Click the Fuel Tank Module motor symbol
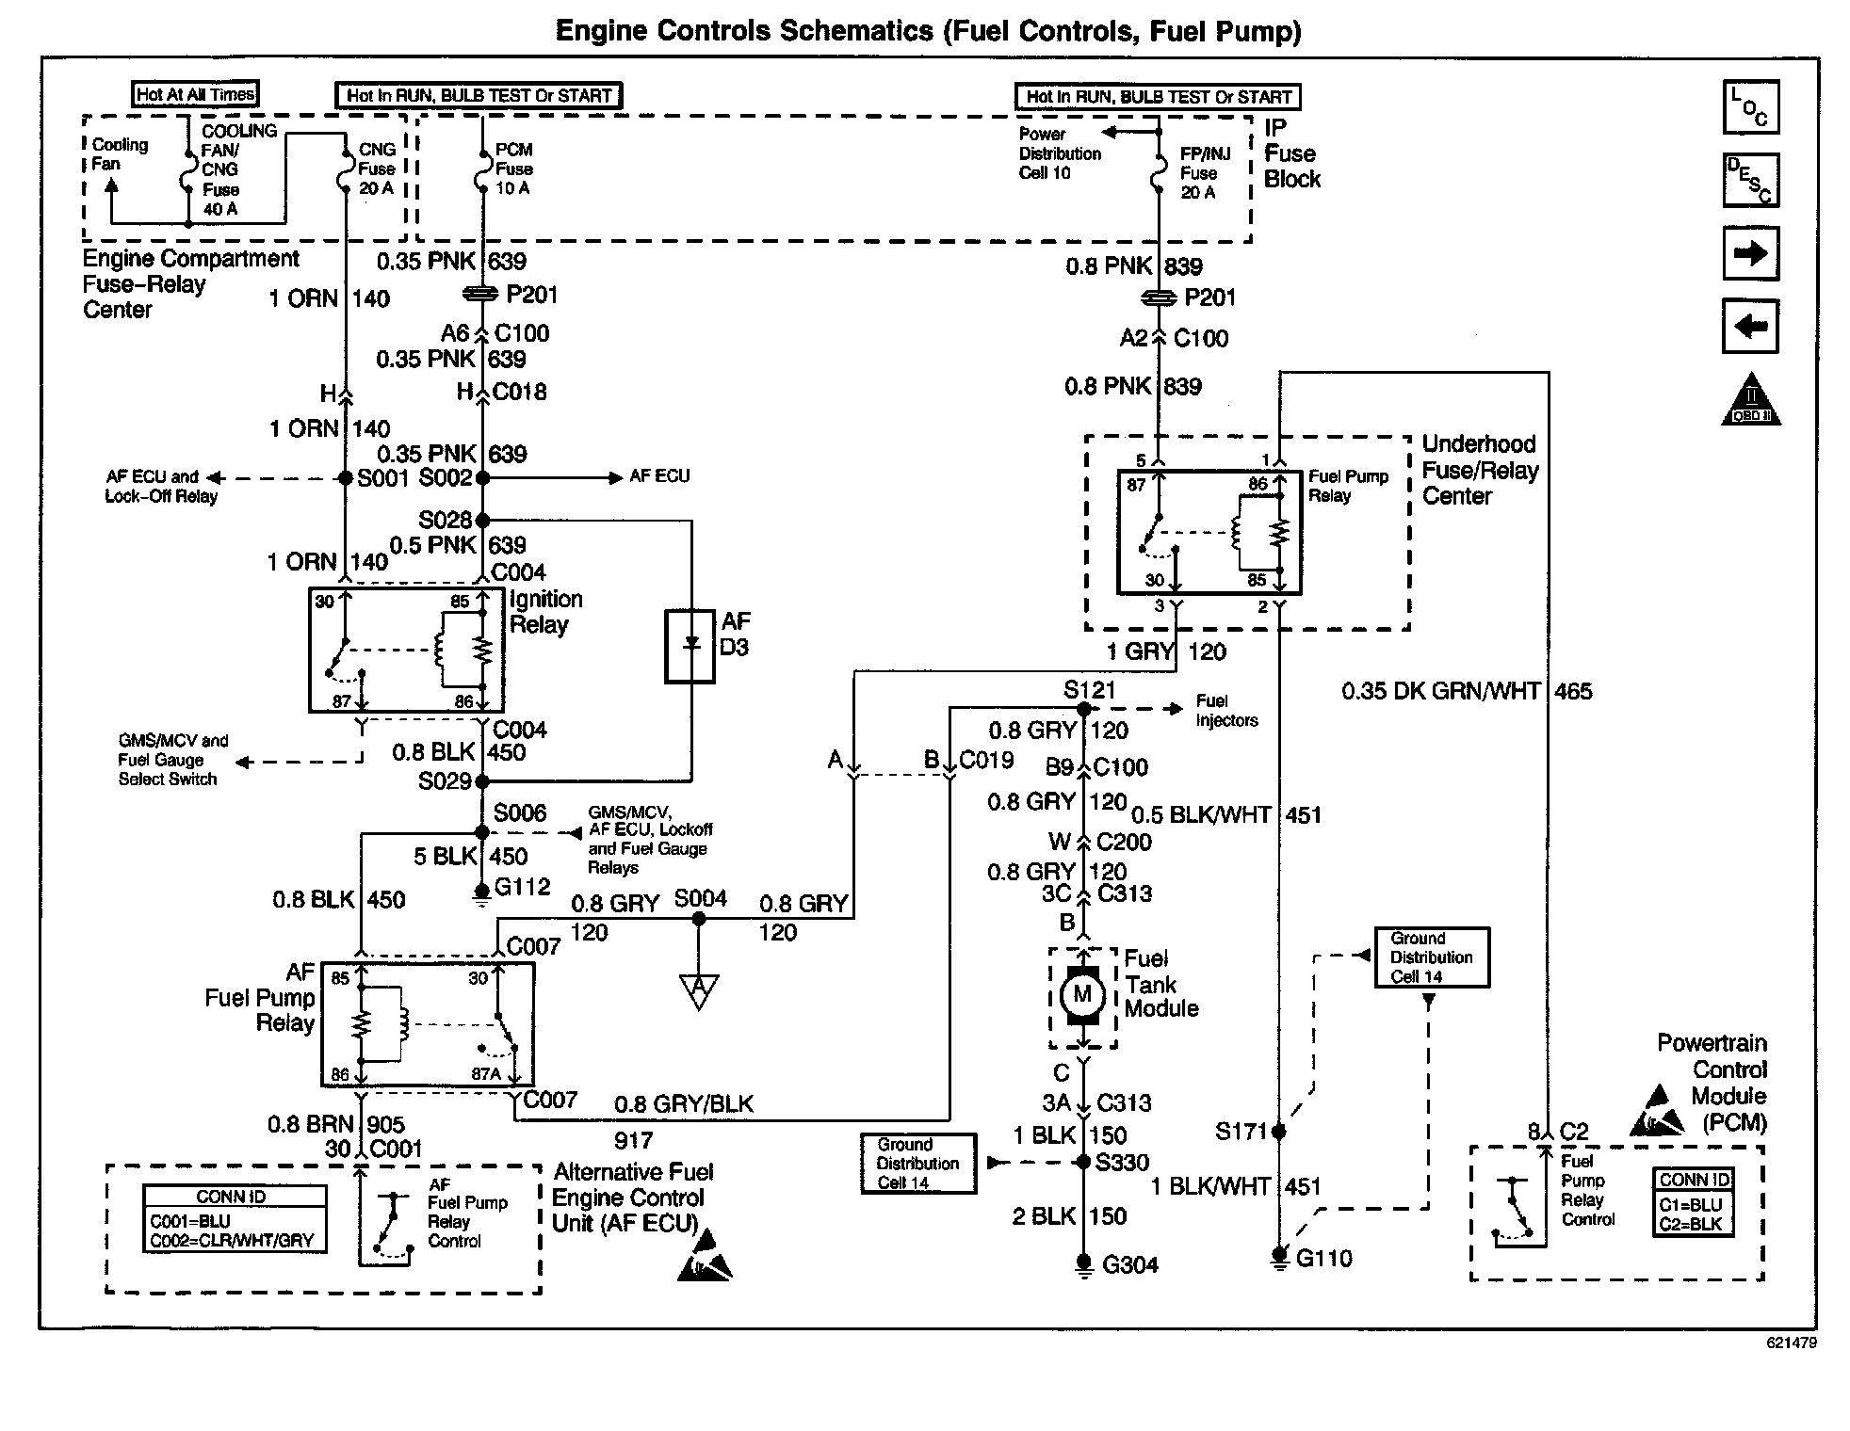(1082, 995)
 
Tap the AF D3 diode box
(690, 646)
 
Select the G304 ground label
(1129, 1265)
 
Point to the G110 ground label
(1323, 1259)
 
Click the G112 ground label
(522, 887)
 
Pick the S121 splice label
(1089, 690)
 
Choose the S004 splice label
(700, 898)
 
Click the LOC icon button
(1750, 106)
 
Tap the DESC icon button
(1750, 180)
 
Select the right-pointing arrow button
(1750, 253)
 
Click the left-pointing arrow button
(1750, 327)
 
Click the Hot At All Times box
(195, 94)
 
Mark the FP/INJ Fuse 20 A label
(1204, 173)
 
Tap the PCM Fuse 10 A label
(513, 169)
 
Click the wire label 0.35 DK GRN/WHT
(1440, 692)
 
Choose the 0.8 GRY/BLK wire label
(684, 1104)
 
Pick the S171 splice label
(1241, 1131)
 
